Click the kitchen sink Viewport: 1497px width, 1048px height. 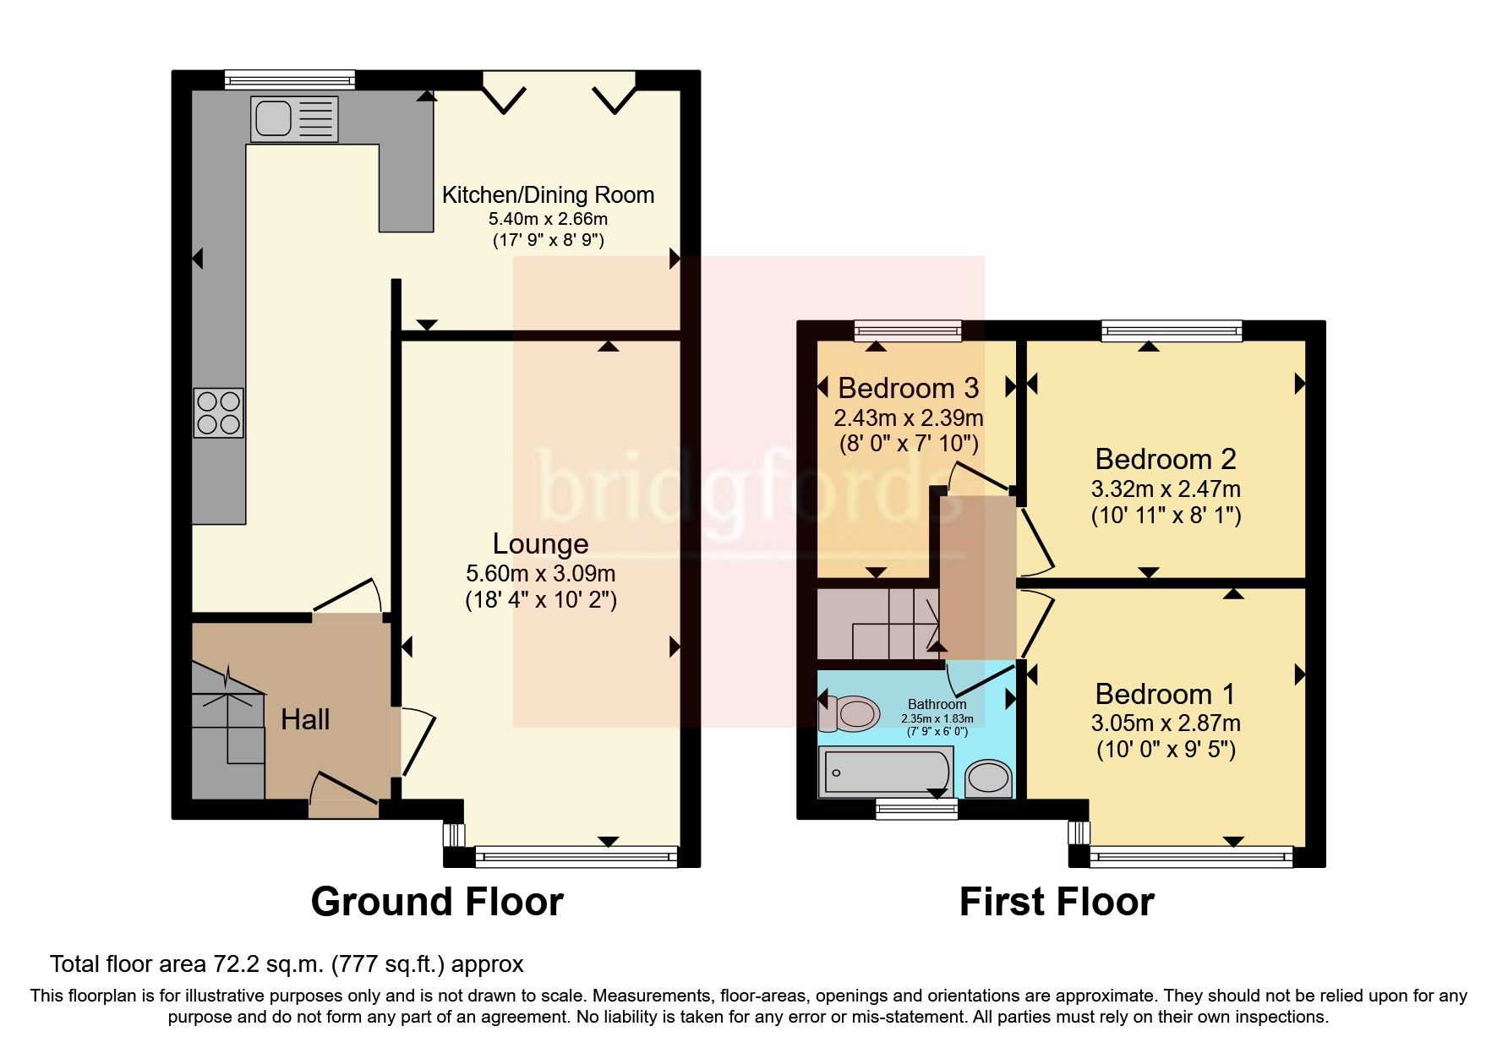pos(293,117)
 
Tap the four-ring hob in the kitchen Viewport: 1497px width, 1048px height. pos(219,413)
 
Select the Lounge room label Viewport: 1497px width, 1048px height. pos(540,543)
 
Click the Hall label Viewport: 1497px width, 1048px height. pos(305,719)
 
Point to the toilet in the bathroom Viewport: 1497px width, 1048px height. pos(848,713)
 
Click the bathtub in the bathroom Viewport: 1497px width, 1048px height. pos(885,771)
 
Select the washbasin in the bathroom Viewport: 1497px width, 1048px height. pos(988,778)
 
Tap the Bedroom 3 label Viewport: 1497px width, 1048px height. pos(908,388)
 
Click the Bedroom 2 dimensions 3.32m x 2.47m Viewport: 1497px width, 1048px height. pos(1165,489)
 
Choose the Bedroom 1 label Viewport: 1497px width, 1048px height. pos(1165,694)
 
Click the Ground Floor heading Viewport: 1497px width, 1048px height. pos(437,902)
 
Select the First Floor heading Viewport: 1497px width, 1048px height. pos(1056,902)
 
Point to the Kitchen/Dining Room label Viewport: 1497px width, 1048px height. pos(548,195)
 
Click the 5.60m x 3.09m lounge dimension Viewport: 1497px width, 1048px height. pos(540,573)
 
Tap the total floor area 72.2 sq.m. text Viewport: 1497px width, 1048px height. pos(287,963)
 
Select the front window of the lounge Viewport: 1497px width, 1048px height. pos(576,857)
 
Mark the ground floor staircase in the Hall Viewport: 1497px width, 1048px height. pos(227,731)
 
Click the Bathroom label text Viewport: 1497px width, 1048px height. pos(937,704)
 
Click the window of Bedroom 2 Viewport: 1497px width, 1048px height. pos(1171,330)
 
